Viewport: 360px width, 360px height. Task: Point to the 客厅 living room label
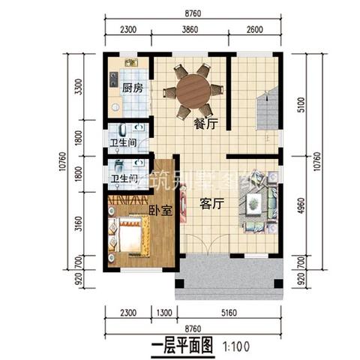pos(213,203)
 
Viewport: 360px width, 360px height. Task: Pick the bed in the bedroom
pos(127,238)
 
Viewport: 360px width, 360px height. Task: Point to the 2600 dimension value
pos(254,31)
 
